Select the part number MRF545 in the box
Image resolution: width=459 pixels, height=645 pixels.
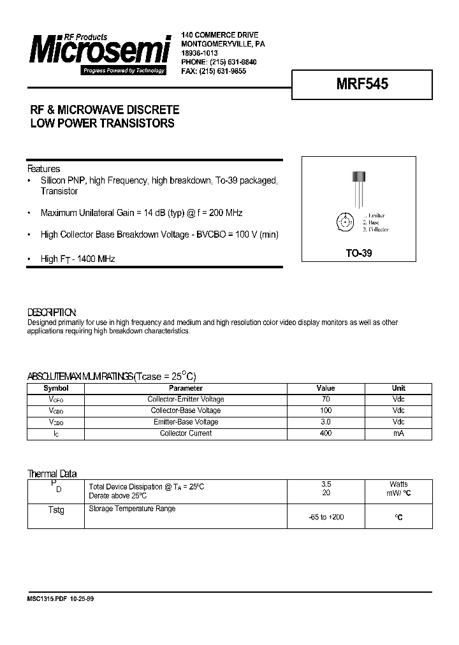(362, 83)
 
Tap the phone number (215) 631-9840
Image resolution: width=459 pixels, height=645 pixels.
(229, 62)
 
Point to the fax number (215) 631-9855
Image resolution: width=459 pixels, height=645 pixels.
(222, 71)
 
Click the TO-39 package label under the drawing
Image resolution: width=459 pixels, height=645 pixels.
(358, 253)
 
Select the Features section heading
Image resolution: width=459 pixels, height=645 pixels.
(43, 169)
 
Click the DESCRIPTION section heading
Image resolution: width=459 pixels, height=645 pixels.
(52, 312)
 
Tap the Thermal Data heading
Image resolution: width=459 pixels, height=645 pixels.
(52, 474)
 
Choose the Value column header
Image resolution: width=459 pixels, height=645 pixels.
(325, 388)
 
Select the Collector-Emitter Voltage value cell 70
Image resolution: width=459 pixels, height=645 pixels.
(325, 400)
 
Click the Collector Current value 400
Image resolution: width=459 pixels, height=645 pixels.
(325, 433)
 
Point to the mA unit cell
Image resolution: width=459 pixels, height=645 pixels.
(398, 433)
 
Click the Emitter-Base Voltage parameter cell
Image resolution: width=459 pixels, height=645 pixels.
(186, 422)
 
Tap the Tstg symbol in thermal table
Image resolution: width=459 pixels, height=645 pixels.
(56, 511)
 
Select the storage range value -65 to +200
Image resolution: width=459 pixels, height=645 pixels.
(325, 517)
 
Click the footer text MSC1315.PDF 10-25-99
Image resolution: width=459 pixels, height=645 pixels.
(64, 600)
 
